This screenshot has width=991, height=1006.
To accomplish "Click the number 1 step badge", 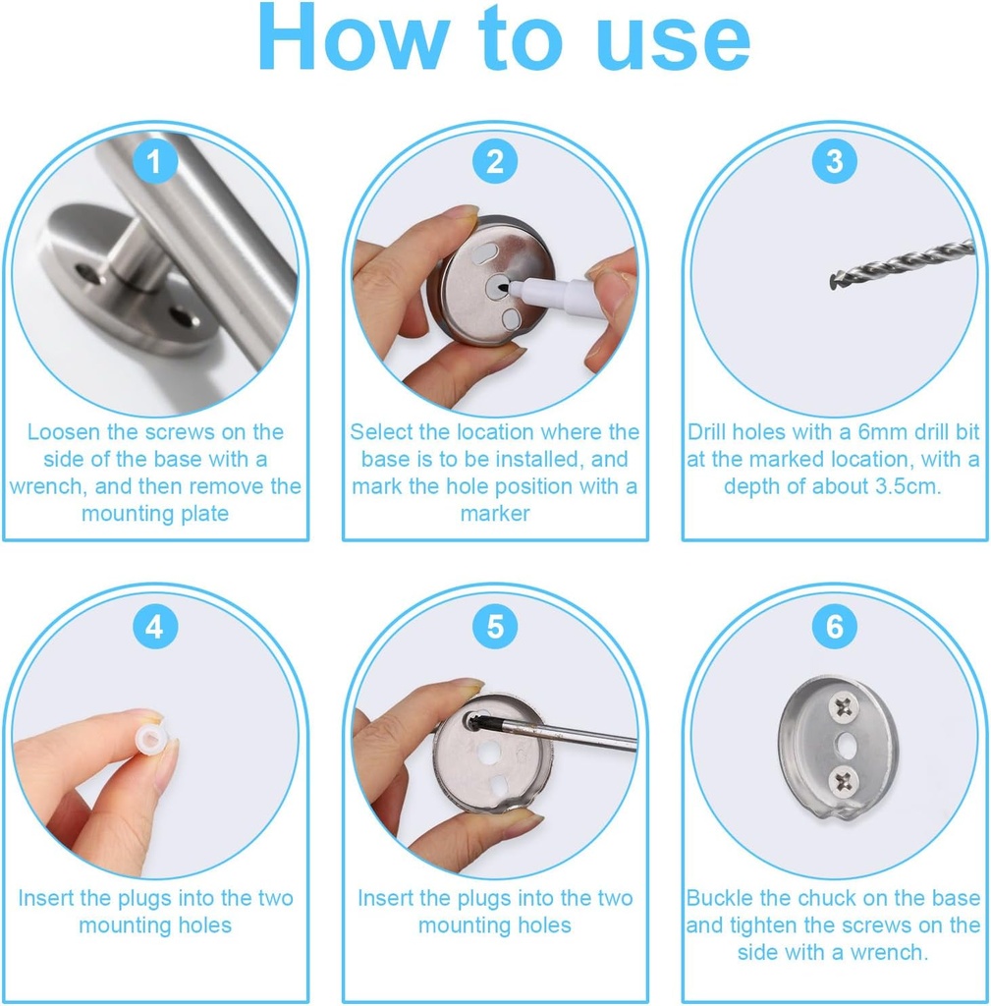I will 155,161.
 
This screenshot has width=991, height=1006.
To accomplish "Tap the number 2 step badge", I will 495,161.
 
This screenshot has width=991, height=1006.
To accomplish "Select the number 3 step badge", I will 834,161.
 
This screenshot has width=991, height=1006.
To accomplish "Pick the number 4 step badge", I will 155,626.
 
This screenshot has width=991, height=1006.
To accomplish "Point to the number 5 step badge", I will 495,626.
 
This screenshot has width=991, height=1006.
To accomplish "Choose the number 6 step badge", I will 834,626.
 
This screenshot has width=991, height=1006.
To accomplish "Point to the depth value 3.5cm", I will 898,486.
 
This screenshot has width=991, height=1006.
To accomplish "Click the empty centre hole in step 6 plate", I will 842,742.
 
